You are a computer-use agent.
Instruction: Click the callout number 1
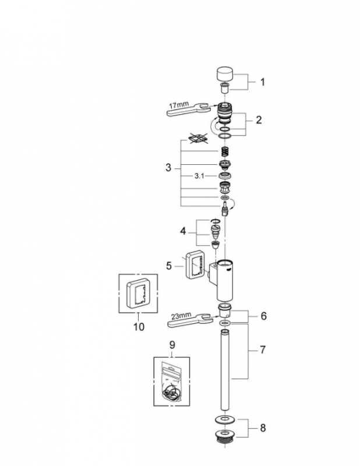coord(262,82)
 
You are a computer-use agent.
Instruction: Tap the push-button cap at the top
coord(225,74)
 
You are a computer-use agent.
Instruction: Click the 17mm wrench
coord(188,110)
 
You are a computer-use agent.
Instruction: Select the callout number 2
coord(259,120)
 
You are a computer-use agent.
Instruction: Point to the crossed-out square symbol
coord(197,138)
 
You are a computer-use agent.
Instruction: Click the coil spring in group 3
coord(225,152)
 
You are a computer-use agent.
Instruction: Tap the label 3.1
coord(199,176)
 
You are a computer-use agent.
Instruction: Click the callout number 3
coord(168,168)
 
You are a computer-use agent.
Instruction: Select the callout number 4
coord(183,231)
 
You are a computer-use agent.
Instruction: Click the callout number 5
coord(169,266)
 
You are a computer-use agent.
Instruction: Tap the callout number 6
coord(264,316)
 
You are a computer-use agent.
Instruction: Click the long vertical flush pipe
coord(225,370)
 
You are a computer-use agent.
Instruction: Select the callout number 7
coord(262,350)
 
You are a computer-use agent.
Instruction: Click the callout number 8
coord(263,428)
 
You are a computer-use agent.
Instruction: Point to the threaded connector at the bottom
coord(225,436)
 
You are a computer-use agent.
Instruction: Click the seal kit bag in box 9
coord(172,382)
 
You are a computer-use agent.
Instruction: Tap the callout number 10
coord(139,327)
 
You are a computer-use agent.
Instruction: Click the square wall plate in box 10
coord(138,294)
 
